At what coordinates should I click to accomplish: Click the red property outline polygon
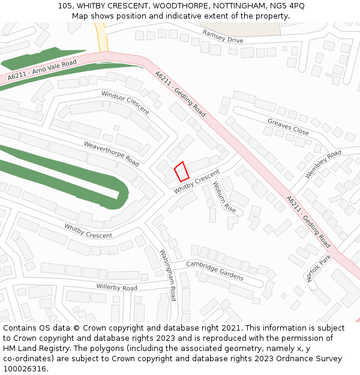pos(182,172)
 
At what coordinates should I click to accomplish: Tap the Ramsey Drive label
pos(223,36)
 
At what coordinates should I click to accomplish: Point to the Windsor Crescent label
pos(125,103)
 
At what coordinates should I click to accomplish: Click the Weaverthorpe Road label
pos(111,154)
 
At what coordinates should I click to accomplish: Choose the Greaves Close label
pos(288,127)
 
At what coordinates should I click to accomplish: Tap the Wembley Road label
pos(323,164)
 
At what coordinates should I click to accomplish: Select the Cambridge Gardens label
pos(214,270)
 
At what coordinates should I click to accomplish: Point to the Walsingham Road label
pos(169,275)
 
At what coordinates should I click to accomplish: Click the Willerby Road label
pos(116,287)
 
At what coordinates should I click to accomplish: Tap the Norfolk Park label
pos(319,268)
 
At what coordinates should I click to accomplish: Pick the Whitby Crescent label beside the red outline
pos(197,181)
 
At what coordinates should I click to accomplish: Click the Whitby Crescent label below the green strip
pos(88,230)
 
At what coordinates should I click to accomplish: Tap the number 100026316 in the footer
pos(25,368)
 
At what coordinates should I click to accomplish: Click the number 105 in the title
pos(65,6)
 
